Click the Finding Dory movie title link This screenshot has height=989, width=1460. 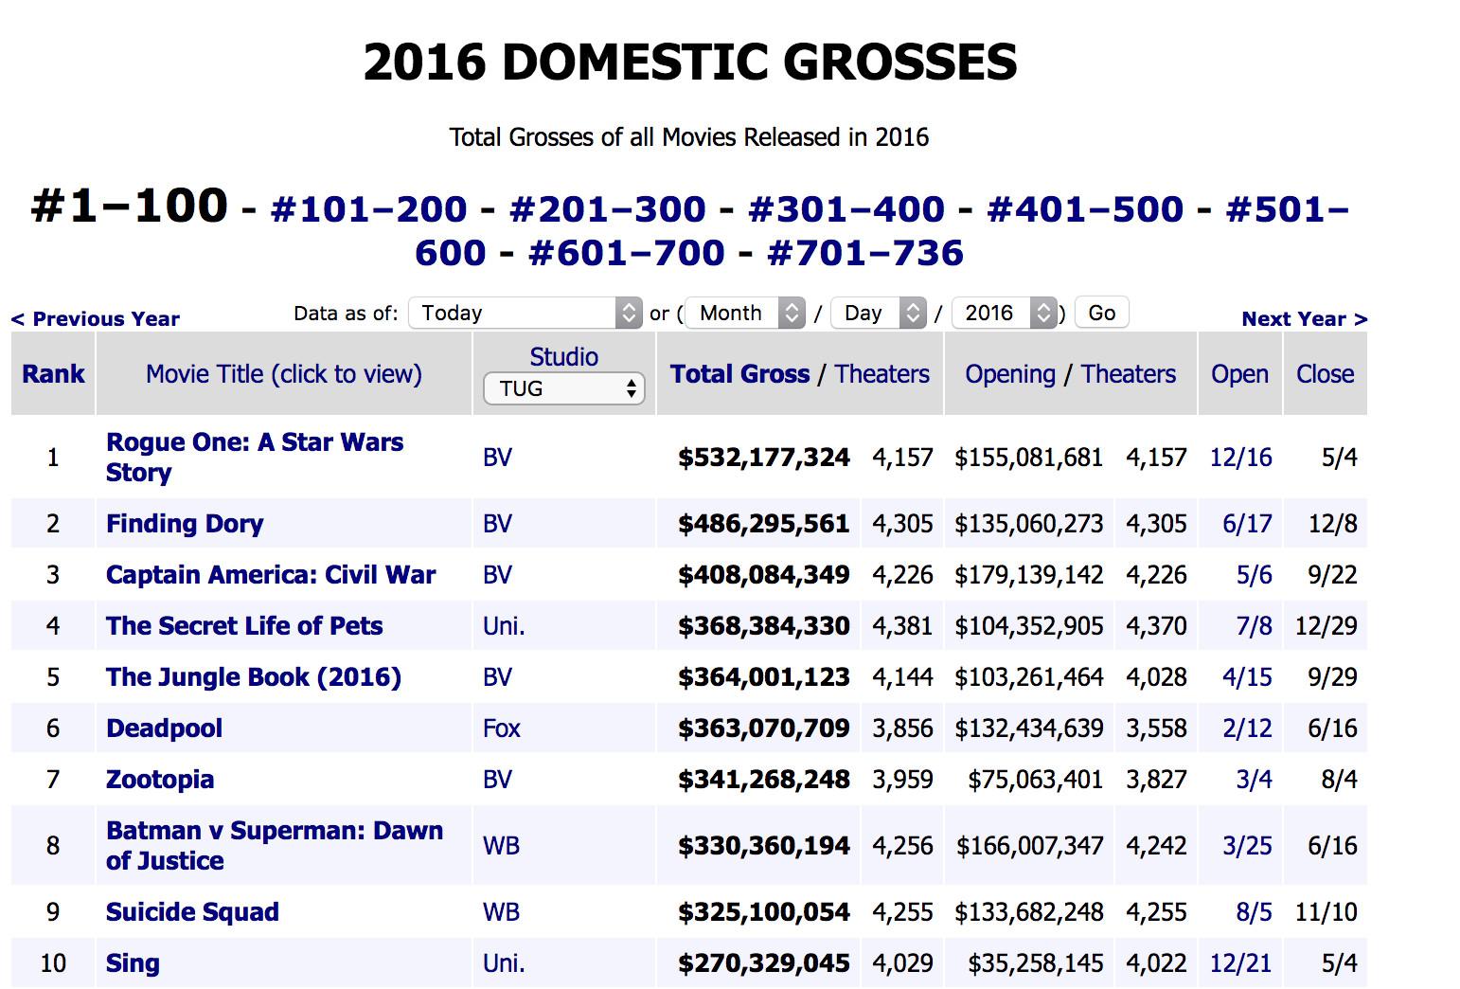185,524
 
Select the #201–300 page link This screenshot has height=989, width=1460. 607,209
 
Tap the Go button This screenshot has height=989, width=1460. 1101,313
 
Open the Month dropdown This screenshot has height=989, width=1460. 745,313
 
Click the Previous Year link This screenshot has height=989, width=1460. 96,319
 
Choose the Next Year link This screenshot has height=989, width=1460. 1304,319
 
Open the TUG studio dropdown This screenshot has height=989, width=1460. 563,388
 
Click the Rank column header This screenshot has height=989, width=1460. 53,374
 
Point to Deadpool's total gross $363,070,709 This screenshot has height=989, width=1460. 763,728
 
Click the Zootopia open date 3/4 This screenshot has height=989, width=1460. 1254,780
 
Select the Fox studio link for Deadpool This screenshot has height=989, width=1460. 501,728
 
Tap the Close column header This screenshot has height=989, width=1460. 1325,374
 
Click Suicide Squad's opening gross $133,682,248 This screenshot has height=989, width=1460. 1028,912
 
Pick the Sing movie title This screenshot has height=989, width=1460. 133,963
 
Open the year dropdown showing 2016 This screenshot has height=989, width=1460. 1004,313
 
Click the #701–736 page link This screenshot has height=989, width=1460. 864,253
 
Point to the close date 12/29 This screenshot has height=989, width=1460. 1326,626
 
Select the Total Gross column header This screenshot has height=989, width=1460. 739,374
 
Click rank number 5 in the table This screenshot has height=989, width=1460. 53,677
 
